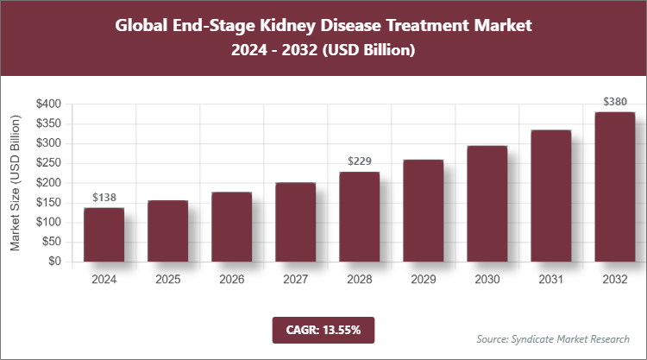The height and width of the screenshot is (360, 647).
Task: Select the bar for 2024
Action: (x=104, y=234)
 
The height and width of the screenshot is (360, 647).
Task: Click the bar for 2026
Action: (x=231, y=226)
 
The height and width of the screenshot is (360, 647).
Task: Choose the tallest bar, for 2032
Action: (x=614, y=186)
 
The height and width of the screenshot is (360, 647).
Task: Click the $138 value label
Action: (x=104, y=198)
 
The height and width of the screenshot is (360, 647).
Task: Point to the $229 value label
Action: (x=359, y=161)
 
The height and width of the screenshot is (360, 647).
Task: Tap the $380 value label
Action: (x=614, y=102)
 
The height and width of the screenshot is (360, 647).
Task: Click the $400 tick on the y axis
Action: (x=48, y=104)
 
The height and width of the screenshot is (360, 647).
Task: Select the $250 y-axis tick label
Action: (x=48, y=163)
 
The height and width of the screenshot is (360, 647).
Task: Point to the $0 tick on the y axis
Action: (x=54, y=262)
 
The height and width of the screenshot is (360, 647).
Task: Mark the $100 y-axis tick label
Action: (x=48, y=222)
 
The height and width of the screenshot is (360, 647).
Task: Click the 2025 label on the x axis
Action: (x=167, y=280)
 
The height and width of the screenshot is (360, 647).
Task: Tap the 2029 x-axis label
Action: (x=423, y=280)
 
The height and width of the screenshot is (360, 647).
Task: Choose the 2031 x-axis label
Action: (x=550, y=280)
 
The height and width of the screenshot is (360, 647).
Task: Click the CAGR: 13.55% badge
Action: (x=323, y=329)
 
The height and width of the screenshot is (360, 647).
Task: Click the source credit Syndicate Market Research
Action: (x=552, y=338)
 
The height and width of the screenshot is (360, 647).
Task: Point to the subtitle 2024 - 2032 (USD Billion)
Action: (x=323, y=52)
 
